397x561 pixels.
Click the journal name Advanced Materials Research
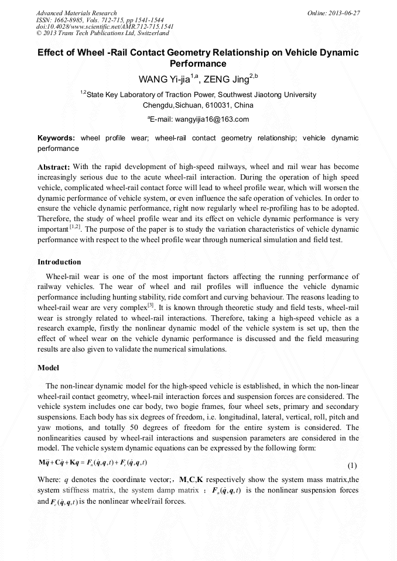click(x=77, y=13)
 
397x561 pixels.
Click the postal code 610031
click(x=215, y=105)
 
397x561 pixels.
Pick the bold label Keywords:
click(x=56, y=138)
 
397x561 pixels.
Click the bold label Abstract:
click(x=54, y=167)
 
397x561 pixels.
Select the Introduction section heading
click(x=59, y=261)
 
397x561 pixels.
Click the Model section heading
click(x=49, y=368)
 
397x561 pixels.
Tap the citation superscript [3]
click(x=150, y=305)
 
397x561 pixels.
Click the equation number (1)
click(x=352, y=466)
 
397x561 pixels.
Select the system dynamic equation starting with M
click(x=92, y=463)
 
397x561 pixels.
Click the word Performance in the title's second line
click(x=198, y=63)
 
